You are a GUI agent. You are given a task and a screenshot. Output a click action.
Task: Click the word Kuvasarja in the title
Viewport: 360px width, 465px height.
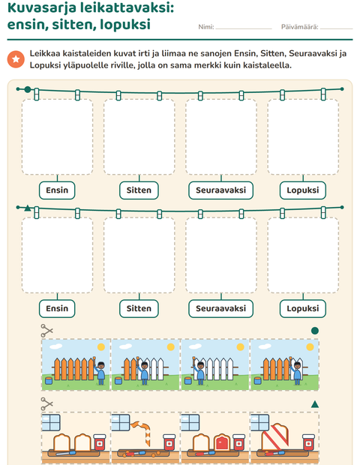coord(41,7)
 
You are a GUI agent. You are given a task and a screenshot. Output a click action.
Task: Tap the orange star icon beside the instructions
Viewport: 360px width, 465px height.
coord(16,59)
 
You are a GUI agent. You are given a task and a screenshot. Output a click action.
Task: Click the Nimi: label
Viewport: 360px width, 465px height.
coord(206,27)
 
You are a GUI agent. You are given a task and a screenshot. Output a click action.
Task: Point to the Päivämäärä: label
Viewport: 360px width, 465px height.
coord(299,27)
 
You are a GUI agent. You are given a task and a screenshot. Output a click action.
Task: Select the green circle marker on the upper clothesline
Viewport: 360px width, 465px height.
coord(28,89)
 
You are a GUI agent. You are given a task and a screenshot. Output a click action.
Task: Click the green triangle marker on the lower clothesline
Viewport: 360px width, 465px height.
coord(28,208)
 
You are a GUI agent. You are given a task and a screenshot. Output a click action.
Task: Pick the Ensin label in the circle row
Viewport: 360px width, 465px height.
coord(57,190)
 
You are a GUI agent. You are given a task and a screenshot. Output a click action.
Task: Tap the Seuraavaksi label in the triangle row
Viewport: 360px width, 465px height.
coord(221,308)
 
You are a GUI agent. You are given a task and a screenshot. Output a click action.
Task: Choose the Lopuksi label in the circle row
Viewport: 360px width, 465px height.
coord(303,190)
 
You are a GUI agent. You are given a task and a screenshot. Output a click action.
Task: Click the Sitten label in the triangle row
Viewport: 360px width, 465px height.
coord(139,308)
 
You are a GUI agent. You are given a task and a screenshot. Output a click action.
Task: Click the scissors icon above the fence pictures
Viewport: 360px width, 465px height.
coord(46,331)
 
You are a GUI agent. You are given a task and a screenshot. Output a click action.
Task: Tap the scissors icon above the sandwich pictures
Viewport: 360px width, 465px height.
coord(46,404)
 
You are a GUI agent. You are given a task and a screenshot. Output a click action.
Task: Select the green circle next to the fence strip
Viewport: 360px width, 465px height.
coord(315,331)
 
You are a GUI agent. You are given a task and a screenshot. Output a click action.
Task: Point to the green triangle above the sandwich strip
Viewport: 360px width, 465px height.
coord(315,404)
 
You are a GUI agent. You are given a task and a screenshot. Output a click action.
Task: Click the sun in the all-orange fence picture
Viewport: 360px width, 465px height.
coord(101,347)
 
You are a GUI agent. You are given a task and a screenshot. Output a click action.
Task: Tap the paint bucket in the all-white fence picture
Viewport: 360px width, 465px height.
coord(188,381)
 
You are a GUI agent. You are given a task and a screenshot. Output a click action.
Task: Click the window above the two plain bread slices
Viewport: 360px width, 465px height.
coord(51,422)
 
